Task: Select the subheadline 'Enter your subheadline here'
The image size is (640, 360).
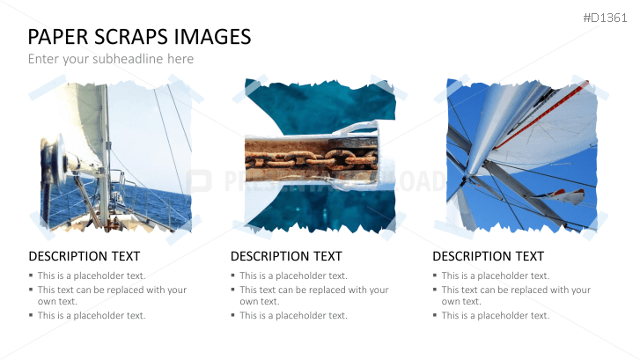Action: pyautogui.click(x=110, y=59)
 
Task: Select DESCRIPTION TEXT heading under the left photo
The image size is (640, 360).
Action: pyautogui.click(x=84, y=256)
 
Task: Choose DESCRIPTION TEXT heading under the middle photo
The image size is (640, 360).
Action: pyautogui.click(x=286, y=256)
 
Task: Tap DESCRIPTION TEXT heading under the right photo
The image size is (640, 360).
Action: pyautogui.click(x=488, y=256)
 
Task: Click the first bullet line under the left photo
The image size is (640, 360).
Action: pyautogui.click(x=91, y=276)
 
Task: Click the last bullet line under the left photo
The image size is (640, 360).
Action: pyautogui.click(x=91, y=315)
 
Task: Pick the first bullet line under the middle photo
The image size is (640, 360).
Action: pyautogui.click(x=293, y=276)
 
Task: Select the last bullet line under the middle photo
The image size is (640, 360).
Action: pyautogui.click(x=293, y=315)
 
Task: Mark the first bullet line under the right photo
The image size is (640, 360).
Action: pyautogui.click(x=495, y=276)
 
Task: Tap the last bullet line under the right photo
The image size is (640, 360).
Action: pyautogui.click(x=495, y=315)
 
